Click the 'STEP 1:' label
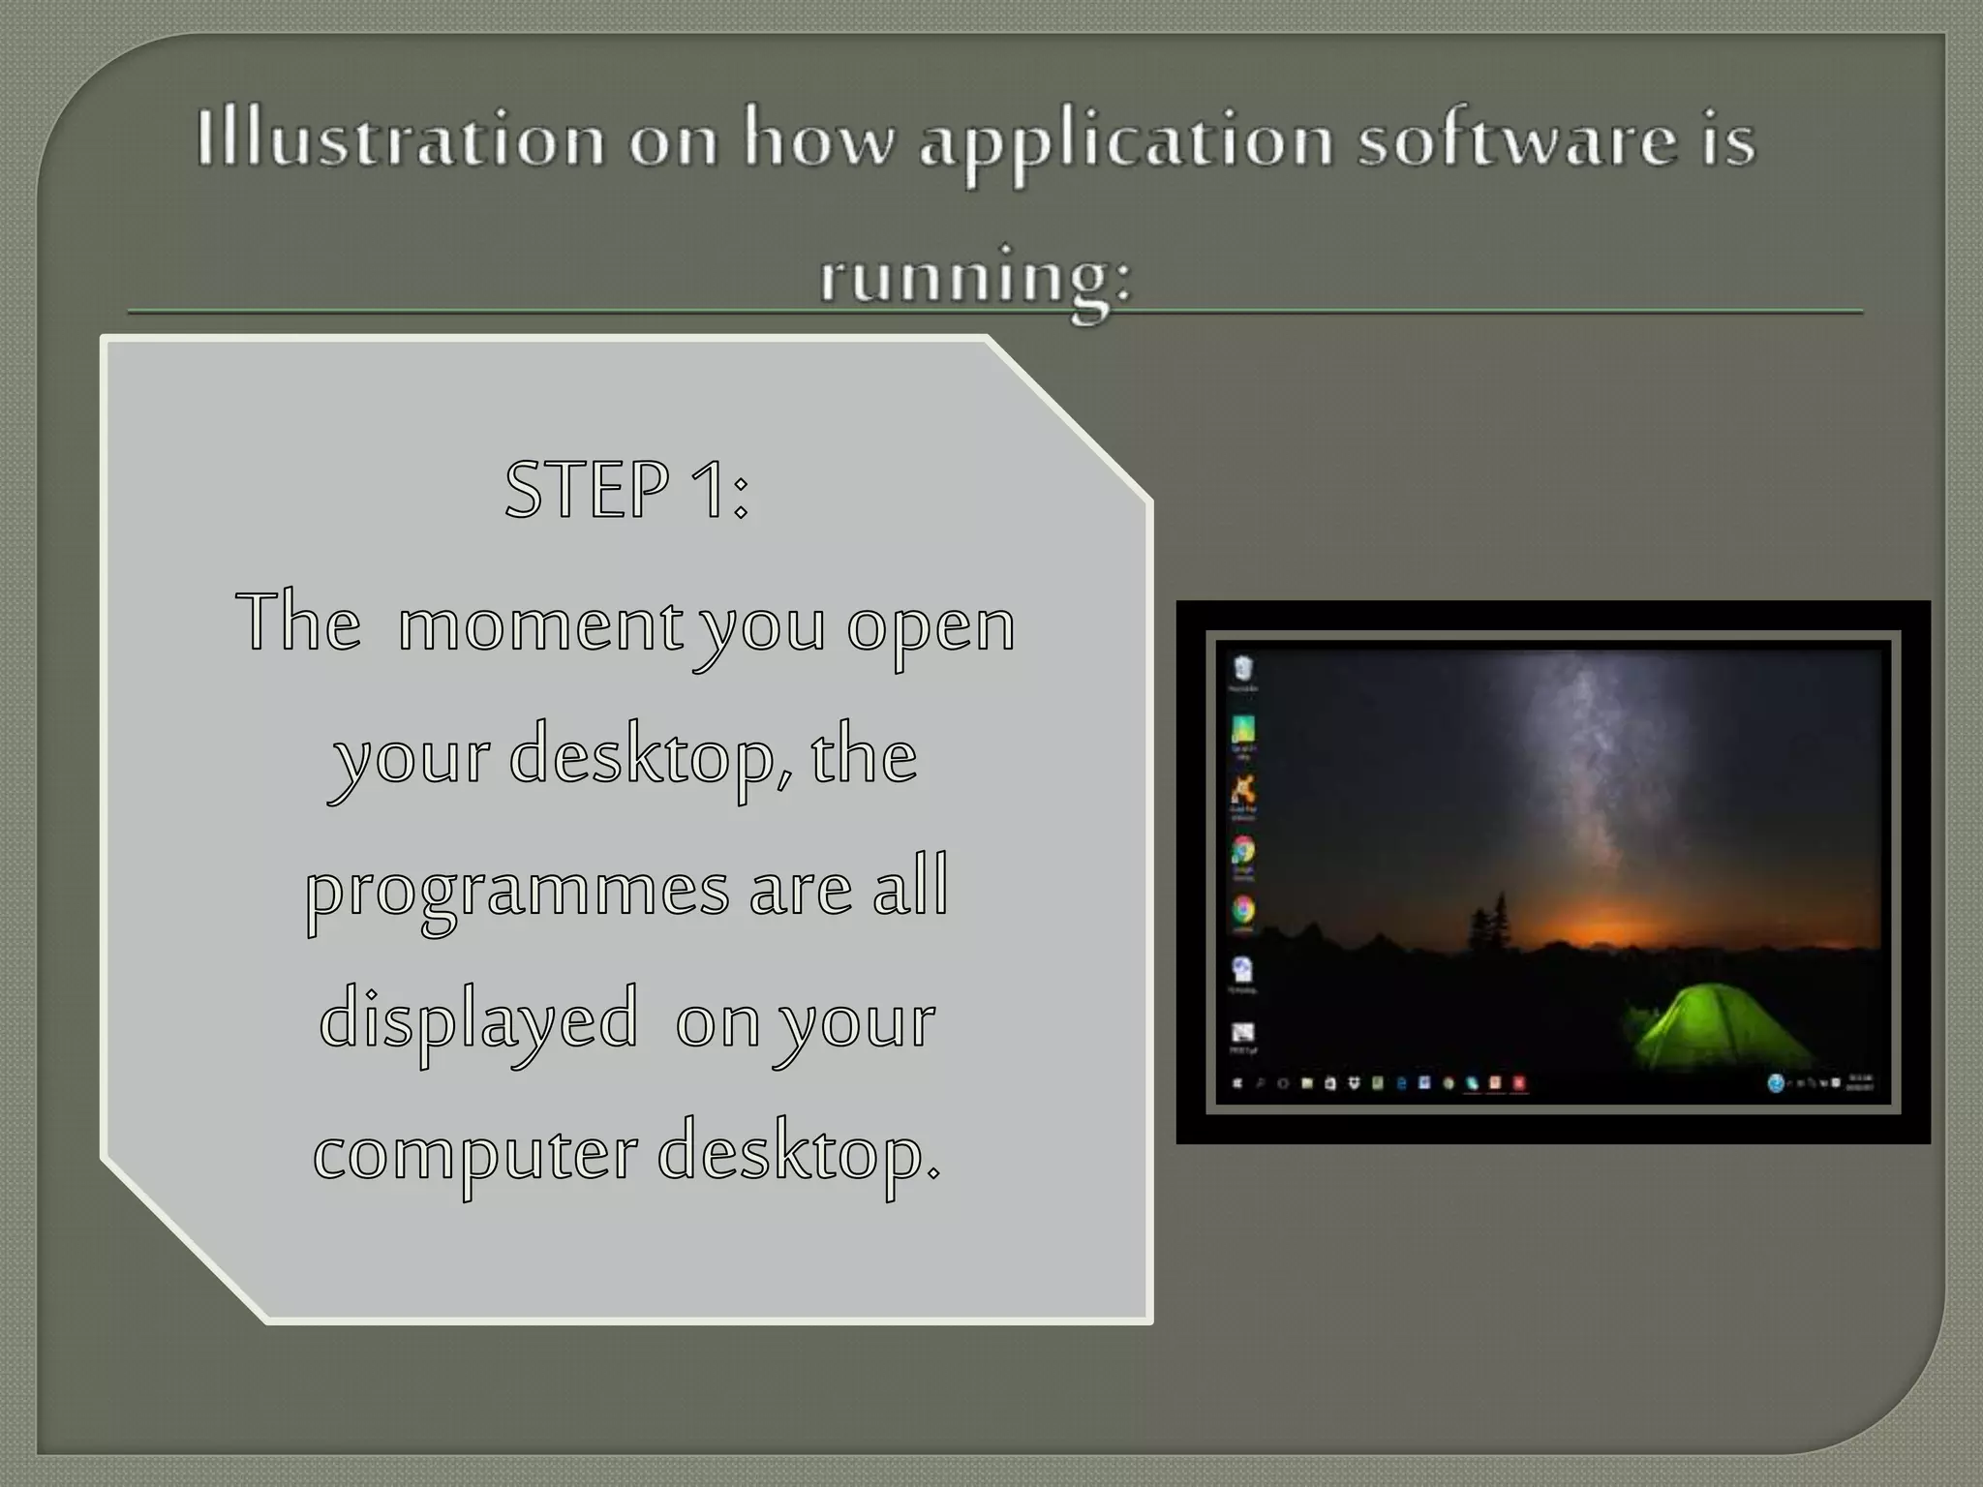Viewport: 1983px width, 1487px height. point(626,490)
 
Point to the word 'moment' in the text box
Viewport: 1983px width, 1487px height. point(540,624)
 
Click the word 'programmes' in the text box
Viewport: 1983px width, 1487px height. point(518,890)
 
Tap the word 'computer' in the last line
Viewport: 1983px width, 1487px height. point(475,1153)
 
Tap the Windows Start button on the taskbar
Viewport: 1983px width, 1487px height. point(1237,1083)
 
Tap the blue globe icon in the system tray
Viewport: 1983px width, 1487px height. point(1776,1083)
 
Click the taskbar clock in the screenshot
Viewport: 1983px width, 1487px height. point(1860,1082)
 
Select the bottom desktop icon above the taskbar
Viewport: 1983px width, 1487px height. point(1243,1035)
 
